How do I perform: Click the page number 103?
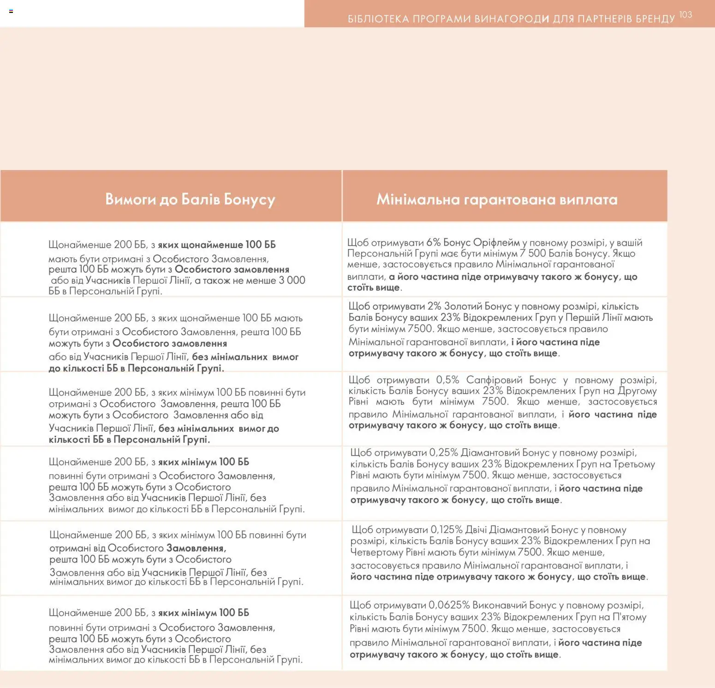[x=685, y=15]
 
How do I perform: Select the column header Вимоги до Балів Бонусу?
[x=190, y=199]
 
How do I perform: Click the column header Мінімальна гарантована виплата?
[x=497, y=199]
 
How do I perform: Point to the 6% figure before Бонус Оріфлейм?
[x=434, y=243]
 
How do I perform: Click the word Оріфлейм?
[x=496, y=243]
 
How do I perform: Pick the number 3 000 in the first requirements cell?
[x=292, y=280]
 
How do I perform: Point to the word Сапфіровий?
[x=494, y=380]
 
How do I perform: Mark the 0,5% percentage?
[x=447, y=380]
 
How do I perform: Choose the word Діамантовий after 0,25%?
[x=484, y=453]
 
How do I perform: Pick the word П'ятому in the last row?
[x=629, y=617]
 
